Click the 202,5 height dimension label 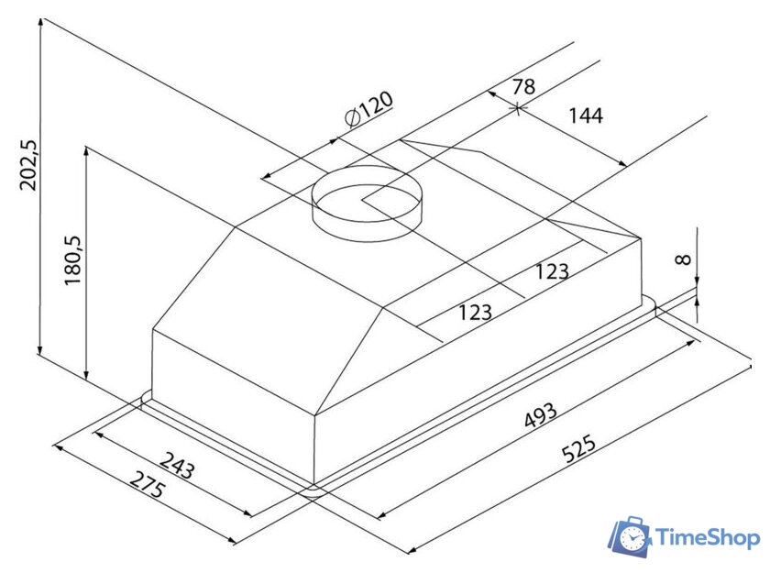coord(28,165)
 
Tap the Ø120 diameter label coord(368,109)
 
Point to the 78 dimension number coord(523,86)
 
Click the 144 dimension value coord(586,116)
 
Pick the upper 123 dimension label coord(552,271)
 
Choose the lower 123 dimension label coord(475,312)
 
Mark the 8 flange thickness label coord(683,259)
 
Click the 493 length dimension coord(541,415)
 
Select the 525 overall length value coord(579,447)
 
